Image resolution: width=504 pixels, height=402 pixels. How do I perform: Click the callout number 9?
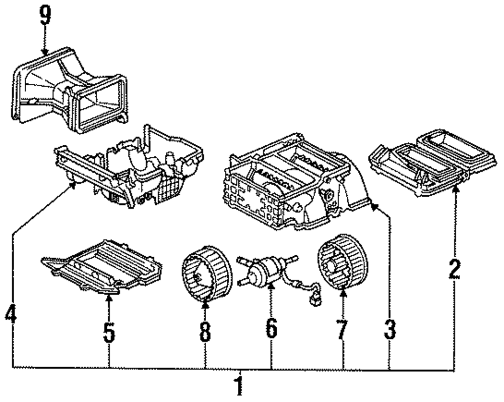[45, 16]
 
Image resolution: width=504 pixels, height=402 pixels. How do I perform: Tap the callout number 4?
[11, 316]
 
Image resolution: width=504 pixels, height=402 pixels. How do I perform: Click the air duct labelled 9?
[71, 91]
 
